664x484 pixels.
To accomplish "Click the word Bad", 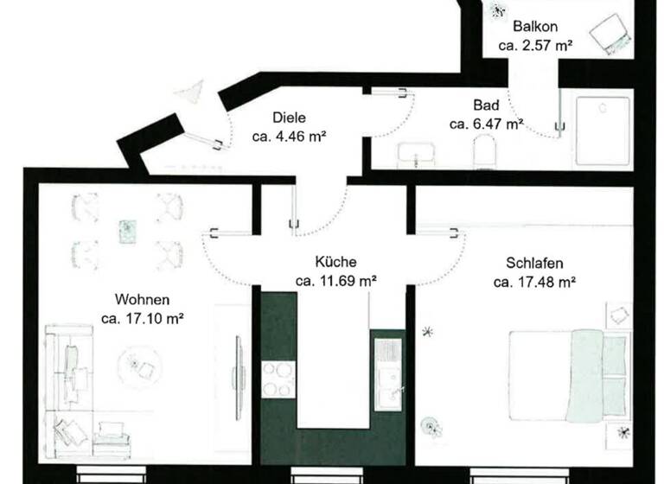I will pyautogui.click(x=485, y=105).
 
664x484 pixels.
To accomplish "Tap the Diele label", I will pyautogui.click(x=290, y=118).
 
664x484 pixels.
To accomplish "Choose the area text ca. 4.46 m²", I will pyautogui.click(x=290, y=136).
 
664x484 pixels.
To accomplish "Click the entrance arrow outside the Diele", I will pyautogui.click(x=190, y=91).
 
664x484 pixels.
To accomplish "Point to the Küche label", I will pyautogui.click(x=335, y=262).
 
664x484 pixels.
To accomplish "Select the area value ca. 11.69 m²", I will pyautogui.click(x=335, y=280).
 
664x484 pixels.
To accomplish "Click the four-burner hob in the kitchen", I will pyautogui.click(x=278, y=379).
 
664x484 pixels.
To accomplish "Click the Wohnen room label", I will pyautogui.click(x=142, y=300).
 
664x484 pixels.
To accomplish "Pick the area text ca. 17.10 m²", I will pyautogui.click(x=142, y=318).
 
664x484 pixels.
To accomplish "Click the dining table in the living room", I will pyautogui.click(x=127, y=230).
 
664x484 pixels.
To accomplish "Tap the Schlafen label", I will pyautogui.click(x=534, y=263).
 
